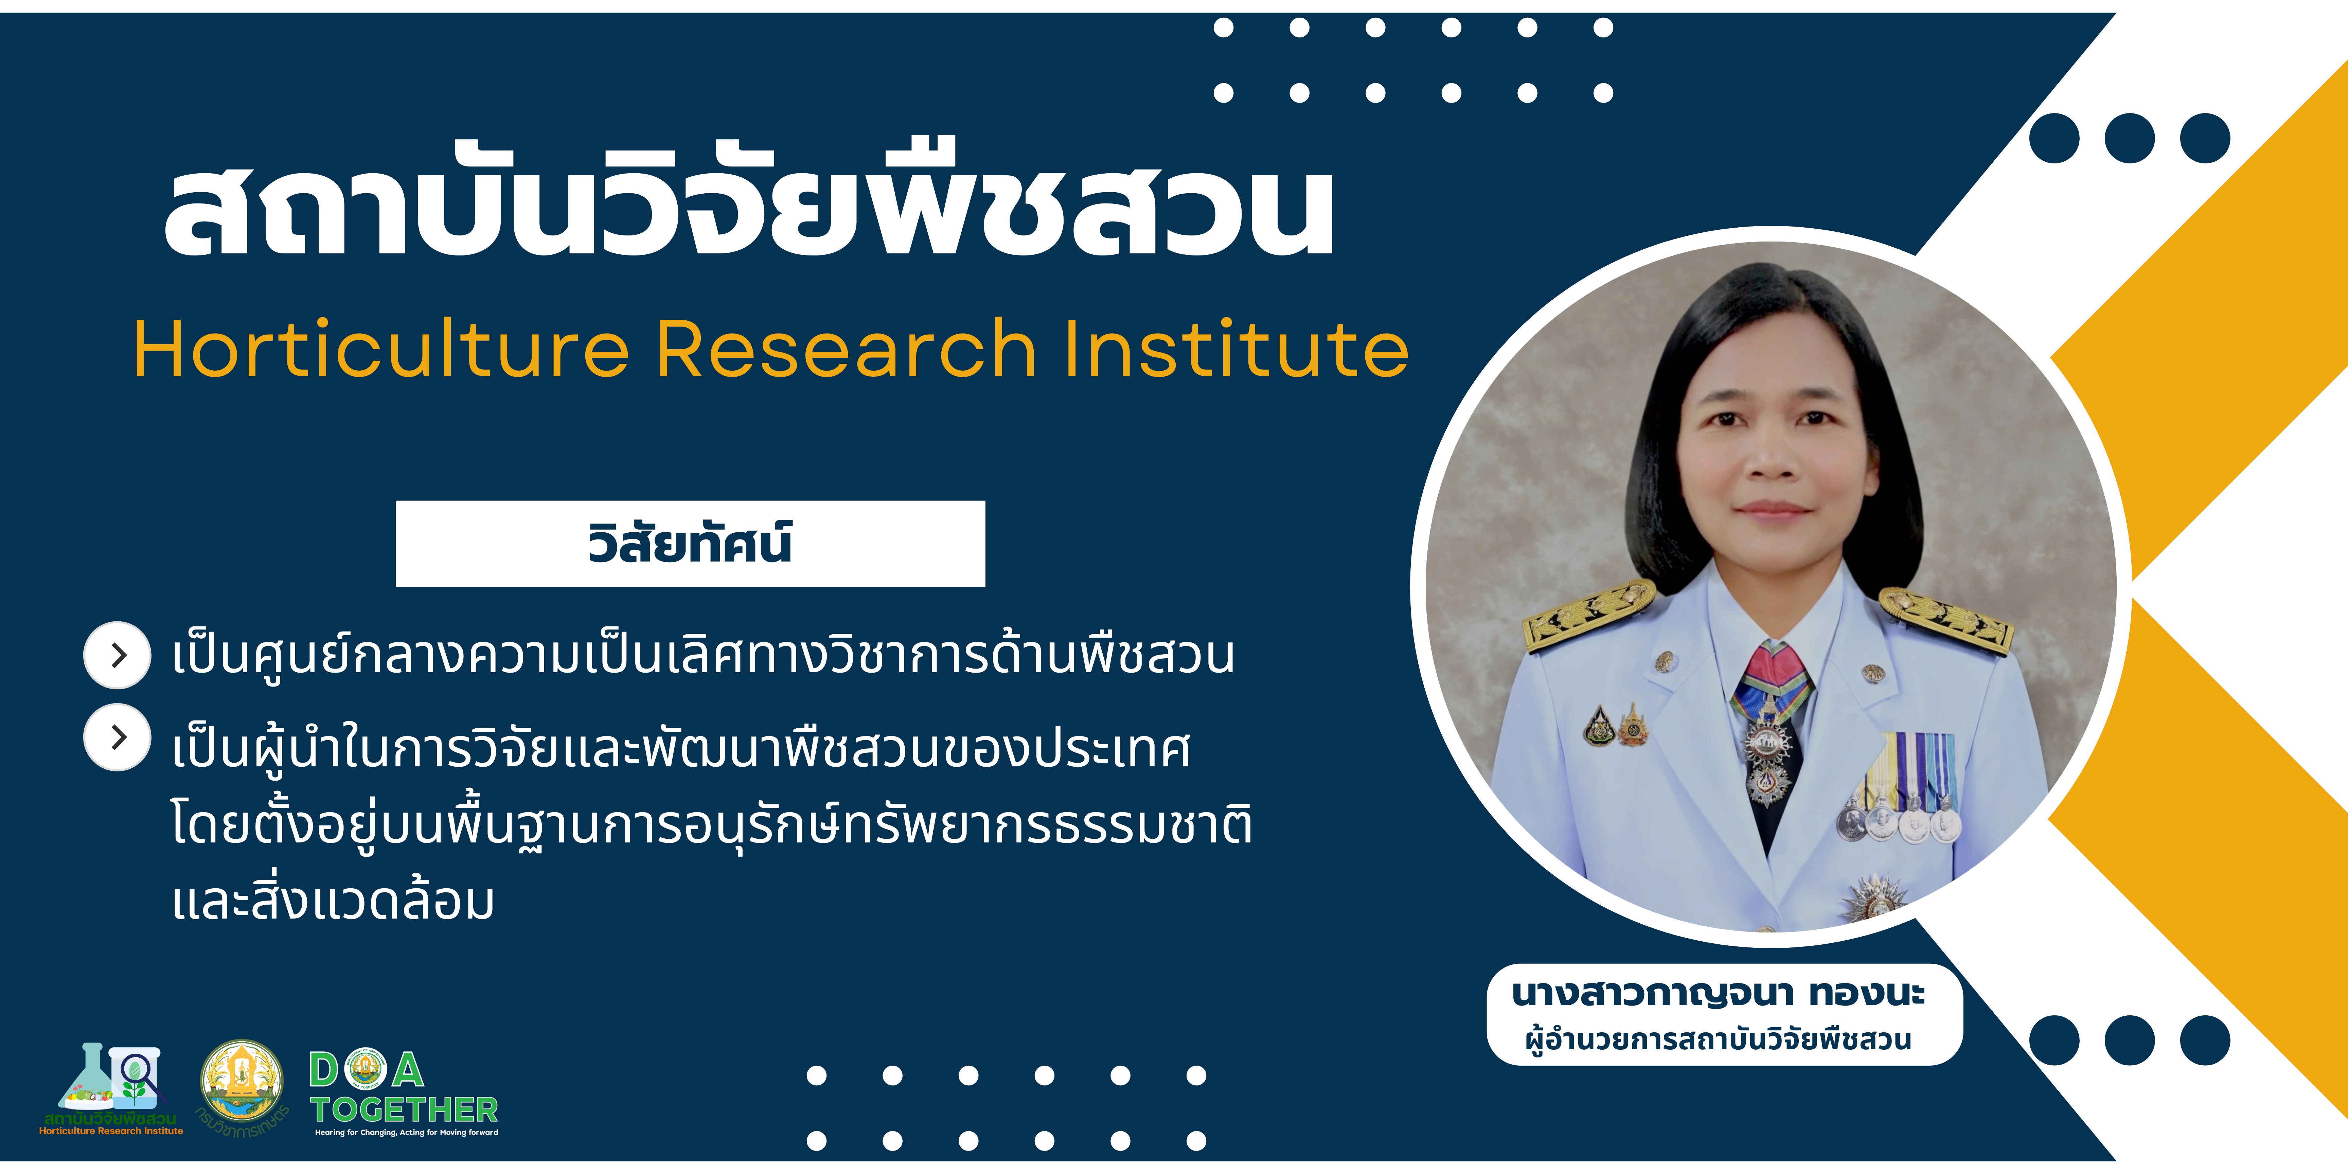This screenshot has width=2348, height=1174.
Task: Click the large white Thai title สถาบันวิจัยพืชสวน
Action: (x=749, y=200)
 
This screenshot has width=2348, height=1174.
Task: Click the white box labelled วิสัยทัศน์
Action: (x=690, y=543)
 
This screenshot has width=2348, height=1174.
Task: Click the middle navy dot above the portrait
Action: (x=2129, y=139)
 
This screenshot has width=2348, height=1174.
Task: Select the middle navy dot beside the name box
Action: (x=2129, y=1040)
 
